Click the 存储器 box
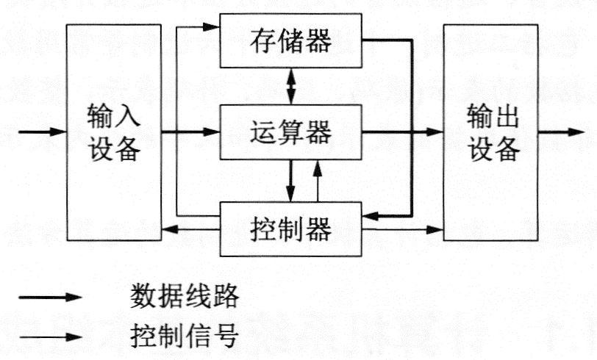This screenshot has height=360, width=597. pos(291,41)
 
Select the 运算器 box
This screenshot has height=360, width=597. pos(291,132)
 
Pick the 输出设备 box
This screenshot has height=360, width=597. pos(490,132)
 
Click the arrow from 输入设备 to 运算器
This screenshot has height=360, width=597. pos(191,132)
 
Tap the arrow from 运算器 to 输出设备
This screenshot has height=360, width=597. pos(403,132)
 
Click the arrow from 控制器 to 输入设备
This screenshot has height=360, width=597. pos(191,230)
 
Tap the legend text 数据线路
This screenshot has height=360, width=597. pos(184,296)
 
